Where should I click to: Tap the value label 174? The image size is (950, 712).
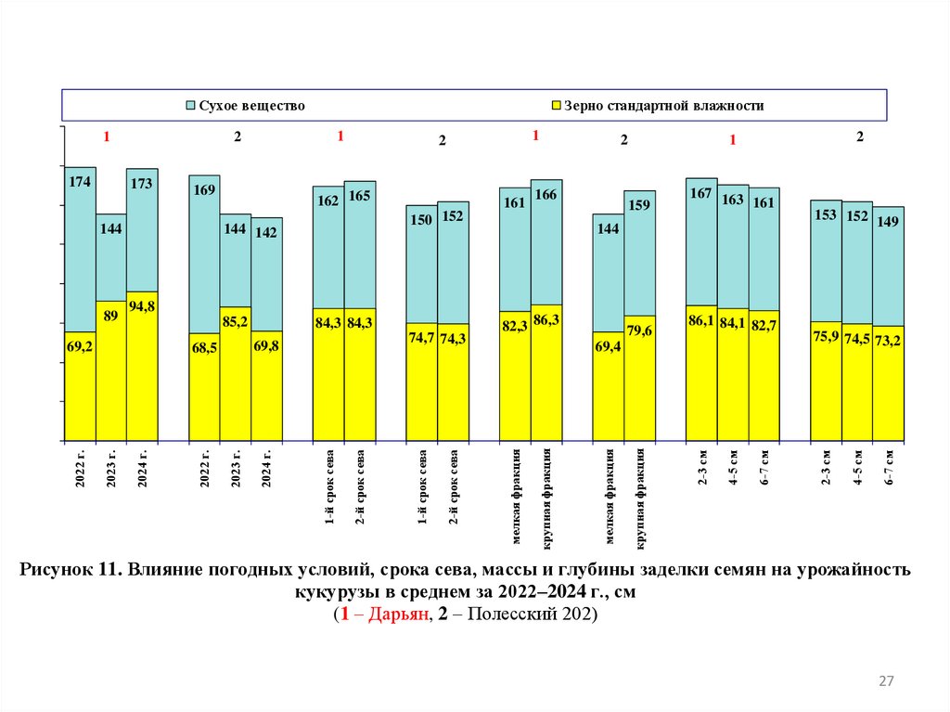click(x=80, y=182)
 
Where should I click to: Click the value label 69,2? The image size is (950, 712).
click(x=80, y=346)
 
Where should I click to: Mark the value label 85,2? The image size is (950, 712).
click(x=236, y=323)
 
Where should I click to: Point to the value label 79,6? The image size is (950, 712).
click(x=639, y=330)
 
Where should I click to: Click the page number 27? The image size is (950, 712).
click(x=886, y=682)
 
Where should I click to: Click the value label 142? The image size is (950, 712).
click(x=266, y=233)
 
